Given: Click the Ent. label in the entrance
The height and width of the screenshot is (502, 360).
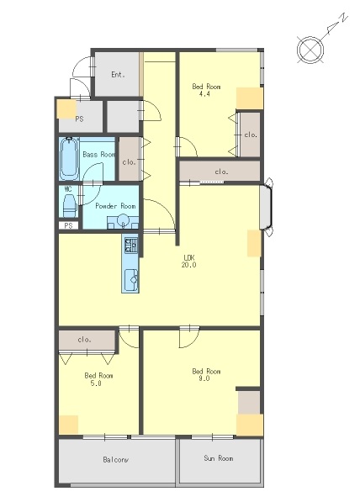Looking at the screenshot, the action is [118, 75].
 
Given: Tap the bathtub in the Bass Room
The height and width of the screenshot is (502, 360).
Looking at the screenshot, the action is [70, 158].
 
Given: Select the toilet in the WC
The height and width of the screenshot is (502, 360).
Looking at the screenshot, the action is [69, 206].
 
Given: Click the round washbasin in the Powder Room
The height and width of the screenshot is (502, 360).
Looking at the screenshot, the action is [123, 220].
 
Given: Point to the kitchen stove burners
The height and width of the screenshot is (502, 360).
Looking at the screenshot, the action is [130, 246].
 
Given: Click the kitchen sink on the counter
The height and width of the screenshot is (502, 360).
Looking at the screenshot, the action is [130, 280].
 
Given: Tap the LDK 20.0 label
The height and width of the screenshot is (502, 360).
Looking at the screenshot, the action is [189, 261].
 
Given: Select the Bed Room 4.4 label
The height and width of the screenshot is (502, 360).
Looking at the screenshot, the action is [206, 90].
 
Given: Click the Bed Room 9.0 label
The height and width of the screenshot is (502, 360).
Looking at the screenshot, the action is [206, 374].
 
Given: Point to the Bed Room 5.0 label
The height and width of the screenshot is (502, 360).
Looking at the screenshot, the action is [98, 379].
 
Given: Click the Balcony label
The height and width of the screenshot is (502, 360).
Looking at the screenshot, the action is [115, 460].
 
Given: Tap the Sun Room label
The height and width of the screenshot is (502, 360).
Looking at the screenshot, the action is [219, 458].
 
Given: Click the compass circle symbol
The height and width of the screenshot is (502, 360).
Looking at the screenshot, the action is [310, 50].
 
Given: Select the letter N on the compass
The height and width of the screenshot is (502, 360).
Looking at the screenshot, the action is [343, 18].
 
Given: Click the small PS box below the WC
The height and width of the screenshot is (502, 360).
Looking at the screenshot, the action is [68, 225].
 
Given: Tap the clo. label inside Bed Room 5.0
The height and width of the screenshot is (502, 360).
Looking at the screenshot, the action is [85, 340].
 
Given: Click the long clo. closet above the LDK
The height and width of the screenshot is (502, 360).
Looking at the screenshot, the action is [220, 171].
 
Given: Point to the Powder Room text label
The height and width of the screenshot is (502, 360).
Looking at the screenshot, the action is [115, 206].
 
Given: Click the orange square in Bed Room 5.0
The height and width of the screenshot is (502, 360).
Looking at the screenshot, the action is [68, 425].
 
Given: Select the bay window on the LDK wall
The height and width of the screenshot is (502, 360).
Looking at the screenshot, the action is [266, 208].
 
